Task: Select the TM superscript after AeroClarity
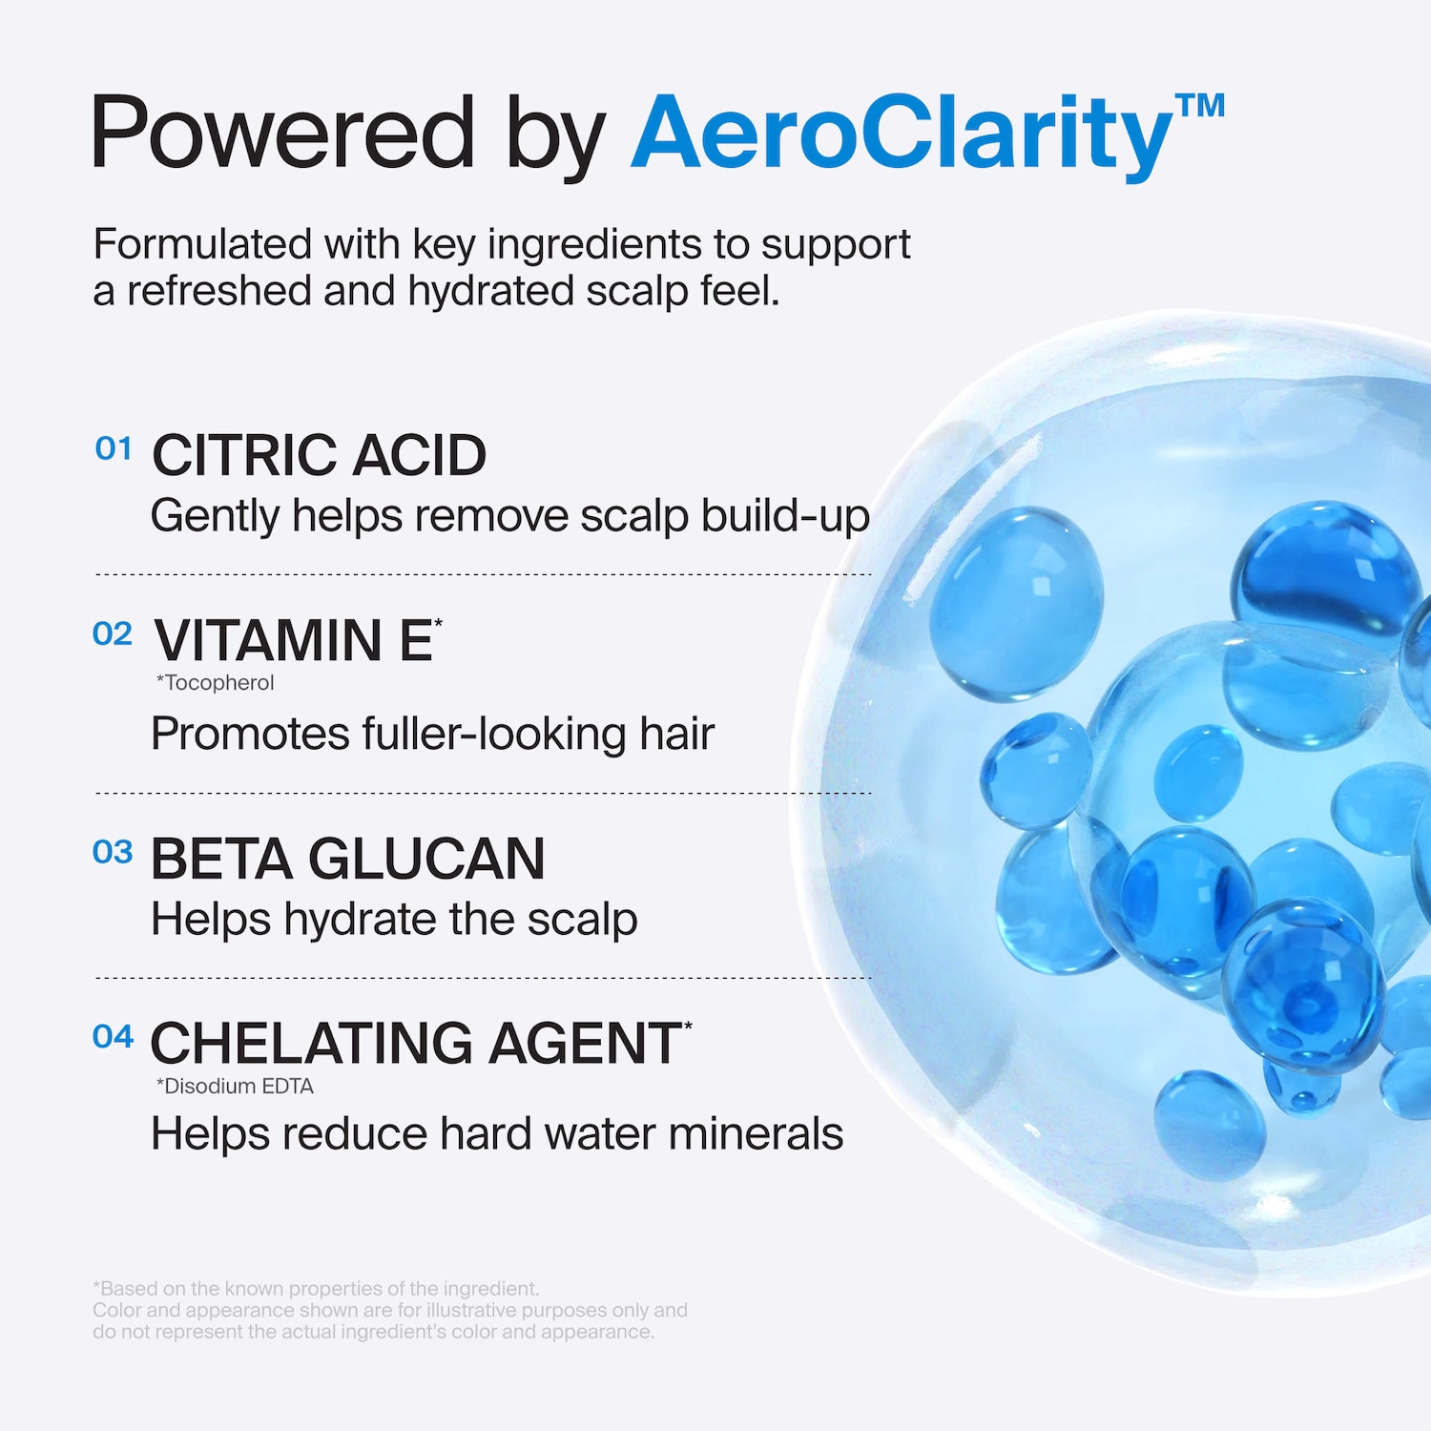coord(1200,106)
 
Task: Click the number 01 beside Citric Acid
coord(114,448)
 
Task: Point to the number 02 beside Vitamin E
coord(113,633)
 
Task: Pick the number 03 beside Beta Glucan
coord(113,852)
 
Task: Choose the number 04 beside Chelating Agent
coord(113,1036)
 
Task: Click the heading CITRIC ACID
coord(320,455)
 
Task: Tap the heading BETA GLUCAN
coord(348,859)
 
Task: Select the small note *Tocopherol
coord(215,683)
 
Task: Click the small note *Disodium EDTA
coord(235,1086)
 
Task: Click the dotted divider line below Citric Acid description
coord(483,574)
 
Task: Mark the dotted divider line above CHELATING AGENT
coord(483,978)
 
